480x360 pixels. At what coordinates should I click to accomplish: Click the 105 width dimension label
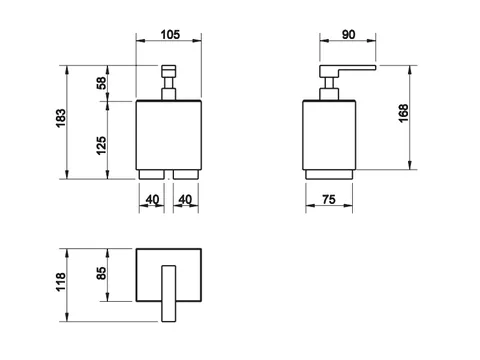170,35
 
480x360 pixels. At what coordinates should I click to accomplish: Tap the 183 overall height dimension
61,118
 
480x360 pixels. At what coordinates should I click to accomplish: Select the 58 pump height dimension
101,83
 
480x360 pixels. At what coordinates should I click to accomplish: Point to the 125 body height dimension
101,145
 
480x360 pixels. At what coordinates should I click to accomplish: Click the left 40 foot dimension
152,200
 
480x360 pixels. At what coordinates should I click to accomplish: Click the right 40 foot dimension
185,200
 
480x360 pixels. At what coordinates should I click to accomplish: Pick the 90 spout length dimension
348,35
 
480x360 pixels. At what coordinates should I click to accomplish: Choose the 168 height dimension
403,113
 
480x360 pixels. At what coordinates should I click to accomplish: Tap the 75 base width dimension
329,200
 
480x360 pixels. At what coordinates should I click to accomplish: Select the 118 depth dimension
61,282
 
